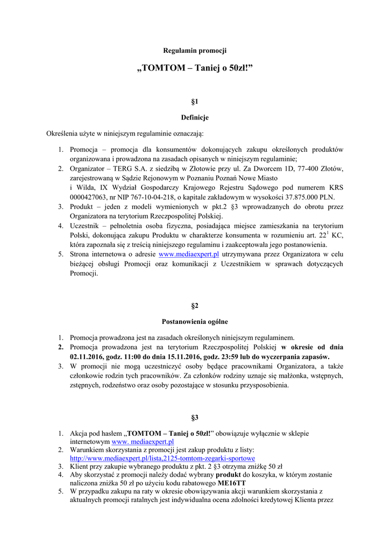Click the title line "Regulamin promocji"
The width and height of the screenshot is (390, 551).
coord(195,51)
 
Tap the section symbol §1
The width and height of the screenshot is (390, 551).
coord(195,101)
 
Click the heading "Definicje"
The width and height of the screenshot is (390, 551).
coord(195,117)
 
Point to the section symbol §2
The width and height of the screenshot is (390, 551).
coord(195,306)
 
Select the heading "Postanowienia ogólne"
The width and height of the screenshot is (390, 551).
coord(195,322)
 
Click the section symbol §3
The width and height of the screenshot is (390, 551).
coord(195,417)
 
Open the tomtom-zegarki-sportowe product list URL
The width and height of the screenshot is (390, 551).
coord(162,458)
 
